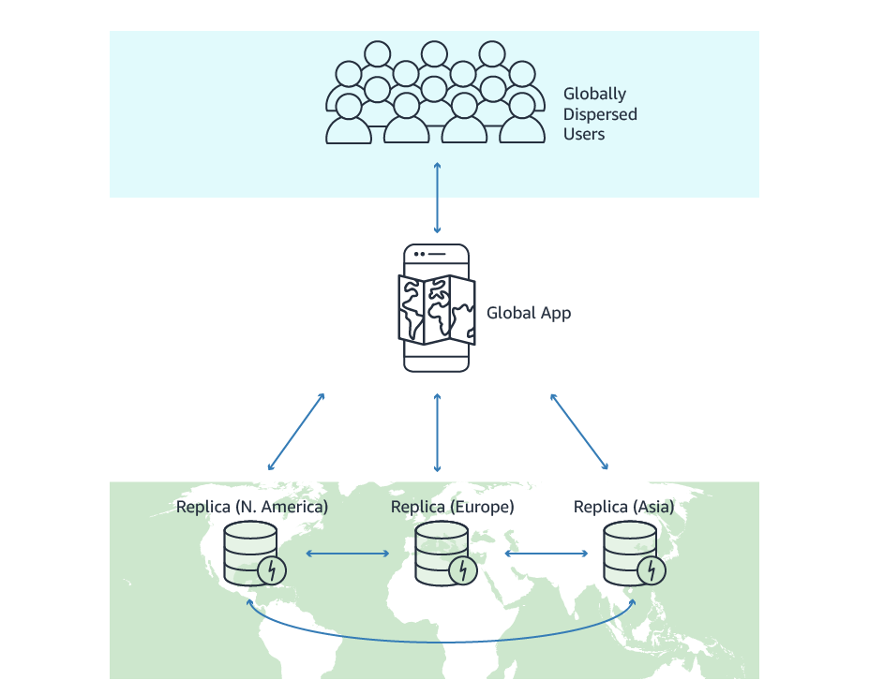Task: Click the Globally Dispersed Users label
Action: click(600, 114)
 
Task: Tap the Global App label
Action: click(529, 313)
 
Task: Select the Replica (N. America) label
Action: click(252, 507)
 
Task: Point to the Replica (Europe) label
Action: click(452, 507)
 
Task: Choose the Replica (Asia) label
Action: click(623, 507)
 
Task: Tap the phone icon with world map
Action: click(437, 308)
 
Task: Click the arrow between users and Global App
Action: click(437, 198)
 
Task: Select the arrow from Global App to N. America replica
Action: click(296, 432)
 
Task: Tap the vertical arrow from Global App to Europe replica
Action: click(437, 432)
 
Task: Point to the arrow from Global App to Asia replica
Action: click(579, 432)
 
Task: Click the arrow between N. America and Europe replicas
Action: click(347, 554)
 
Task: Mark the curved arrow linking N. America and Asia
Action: click(441, 642)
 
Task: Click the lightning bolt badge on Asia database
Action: click(651, 569)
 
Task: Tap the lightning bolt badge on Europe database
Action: click(462, 569)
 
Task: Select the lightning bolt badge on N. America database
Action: click(272, 569)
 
